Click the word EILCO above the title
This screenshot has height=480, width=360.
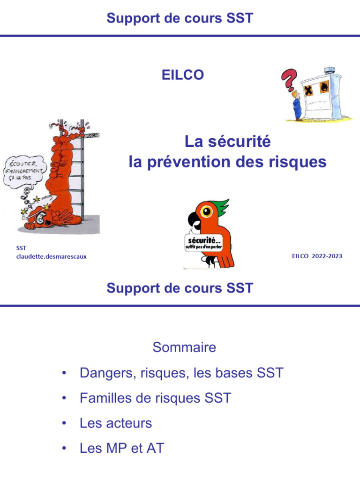click(x=182, y=75)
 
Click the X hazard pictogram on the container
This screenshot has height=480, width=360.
click(x=308, y=90)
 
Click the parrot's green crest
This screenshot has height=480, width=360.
click(x=219, y=206)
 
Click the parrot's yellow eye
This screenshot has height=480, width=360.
click(x=206, y=211)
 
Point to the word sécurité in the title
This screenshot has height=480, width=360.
click(x=240, y=141)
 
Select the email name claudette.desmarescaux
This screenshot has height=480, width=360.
click(x=52, y=256)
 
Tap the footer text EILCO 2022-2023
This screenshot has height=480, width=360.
click(x=316, y=256)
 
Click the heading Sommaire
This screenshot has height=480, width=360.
click(x=184, y=347)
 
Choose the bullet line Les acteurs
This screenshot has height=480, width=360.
click(x=116, y=423)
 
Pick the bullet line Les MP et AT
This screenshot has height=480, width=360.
click(x=122, y=448)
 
